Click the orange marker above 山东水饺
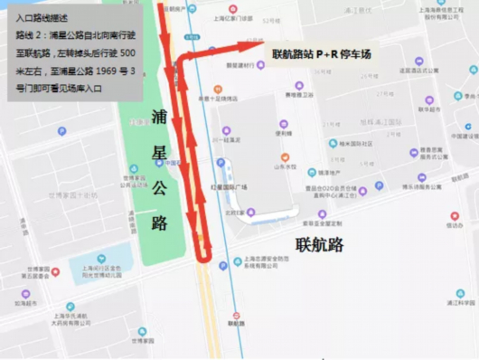coord(287,156)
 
